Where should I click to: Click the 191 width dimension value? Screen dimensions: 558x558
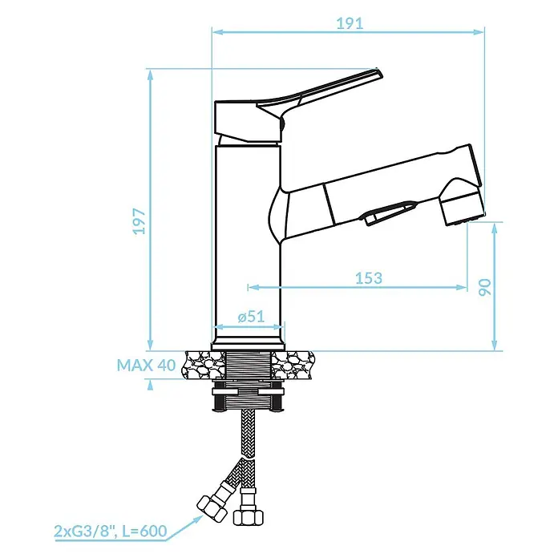coord(350,23)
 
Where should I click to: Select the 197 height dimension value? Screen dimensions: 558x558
coord(139,221)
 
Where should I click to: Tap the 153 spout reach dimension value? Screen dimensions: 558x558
coord(369,278)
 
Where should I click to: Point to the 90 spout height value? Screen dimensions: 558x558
coord(484,287)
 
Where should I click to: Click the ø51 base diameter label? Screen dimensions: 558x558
coord(251,317)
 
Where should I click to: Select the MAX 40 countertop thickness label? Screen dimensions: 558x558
coord(146,365)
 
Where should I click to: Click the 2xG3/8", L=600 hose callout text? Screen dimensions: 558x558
coord(111,531)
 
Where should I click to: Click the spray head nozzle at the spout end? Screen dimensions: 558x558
coord(462,208)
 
